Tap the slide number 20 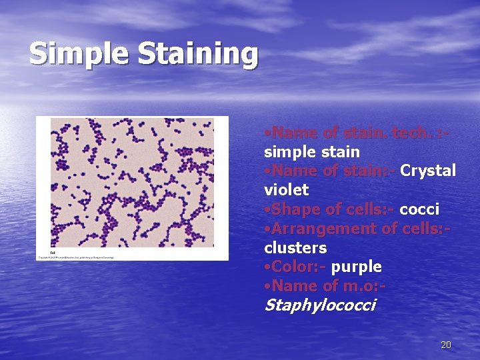[x=446, y=345]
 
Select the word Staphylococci [x=320, y=305]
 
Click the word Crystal [x=428, y=171]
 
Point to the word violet [x=286, y=190]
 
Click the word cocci [x=419, y=209]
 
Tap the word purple [x=356, y=267]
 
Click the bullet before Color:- [x=267, y=267]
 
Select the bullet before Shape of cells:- [x=267, y=210]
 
